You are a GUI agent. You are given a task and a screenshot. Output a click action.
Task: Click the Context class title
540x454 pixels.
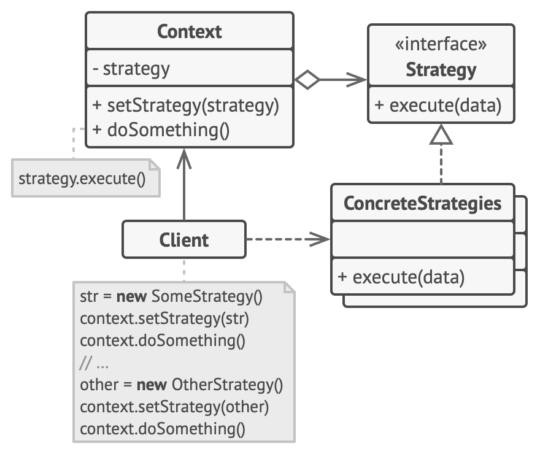tap(189, 32)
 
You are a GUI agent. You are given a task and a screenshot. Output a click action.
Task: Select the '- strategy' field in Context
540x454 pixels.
tap(131, 69)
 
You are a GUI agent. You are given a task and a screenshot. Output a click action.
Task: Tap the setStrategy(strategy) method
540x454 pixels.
tap(186, 106)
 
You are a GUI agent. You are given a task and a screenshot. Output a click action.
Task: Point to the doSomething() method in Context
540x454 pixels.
tap(160, 130)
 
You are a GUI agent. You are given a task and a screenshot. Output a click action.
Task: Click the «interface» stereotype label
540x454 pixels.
tap(441, 45)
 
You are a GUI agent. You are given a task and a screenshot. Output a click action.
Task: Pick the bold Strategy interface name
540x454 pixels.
tap(441, 70)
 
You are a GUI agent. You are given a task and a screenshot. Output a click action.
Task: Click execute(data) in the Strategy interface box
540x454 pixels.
tap(438, 106)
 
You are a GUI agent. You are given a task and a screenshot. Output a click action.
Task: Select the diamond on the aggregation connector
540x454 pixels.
tap(307, 80)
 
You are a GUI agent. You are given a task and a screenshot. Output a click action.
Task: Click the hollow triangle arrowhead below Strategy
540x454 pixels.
tap(441, 135)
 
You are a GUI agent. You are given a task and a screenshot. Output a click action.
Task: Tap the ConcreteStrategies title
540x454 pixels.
tap(422, 203)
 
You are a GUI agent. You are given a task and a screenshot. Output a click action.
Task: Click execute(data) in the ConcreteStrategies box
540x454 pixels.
tap(401, 277)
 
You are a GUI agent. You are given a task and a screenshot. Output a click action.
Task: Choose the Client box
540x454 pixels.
tap(184, 239)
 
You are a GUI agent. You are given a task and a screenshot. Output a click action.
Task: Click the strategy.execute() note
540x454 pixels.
tap(85, 179)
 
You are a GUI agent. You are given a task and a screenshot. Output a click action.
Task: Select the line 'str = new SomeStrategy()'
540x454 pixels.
tap(171, 297)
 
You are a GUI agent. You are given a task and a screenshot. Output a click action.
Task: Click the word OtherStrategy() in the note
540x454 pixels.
tap(227, 385)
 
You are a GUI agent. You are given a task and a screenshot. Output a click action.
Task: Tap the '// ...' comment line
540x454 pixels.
tap(94, 363)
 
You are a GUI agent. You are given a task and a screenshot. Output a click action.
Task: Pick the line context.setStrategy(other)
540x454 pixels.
tap(174, 407)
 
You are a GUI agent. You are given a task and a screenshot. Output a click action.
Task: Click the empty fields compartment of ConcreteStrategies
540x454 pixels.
tap(422, 239)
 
